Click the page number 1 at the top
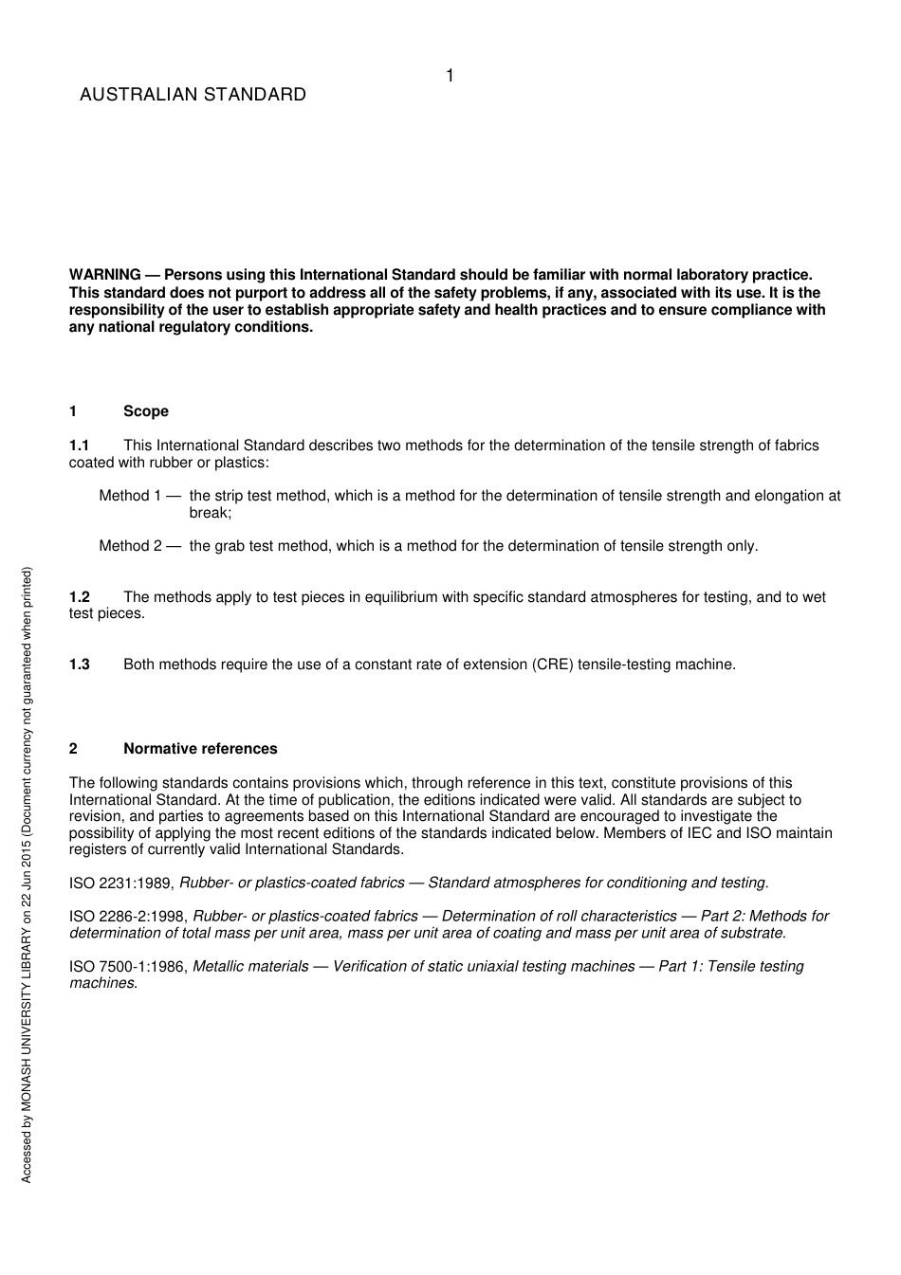(x=450, y=76)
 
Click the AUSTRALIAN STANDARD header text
(x=193, y=95)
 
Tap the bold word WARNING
(x=104, y=276)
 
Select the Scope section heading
(x=145, y=411)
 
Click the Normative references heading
(x=200, y=749)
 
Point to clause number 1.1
(x=79, y=446)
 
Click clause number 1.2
(x=79, y=597)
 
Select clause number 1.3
(x=79, y=665)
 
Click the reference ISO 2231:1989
(x=120, y=883)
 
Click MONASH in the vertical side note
(x=27, y=1062)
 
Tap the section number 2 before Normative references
(x=73, y=749)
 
